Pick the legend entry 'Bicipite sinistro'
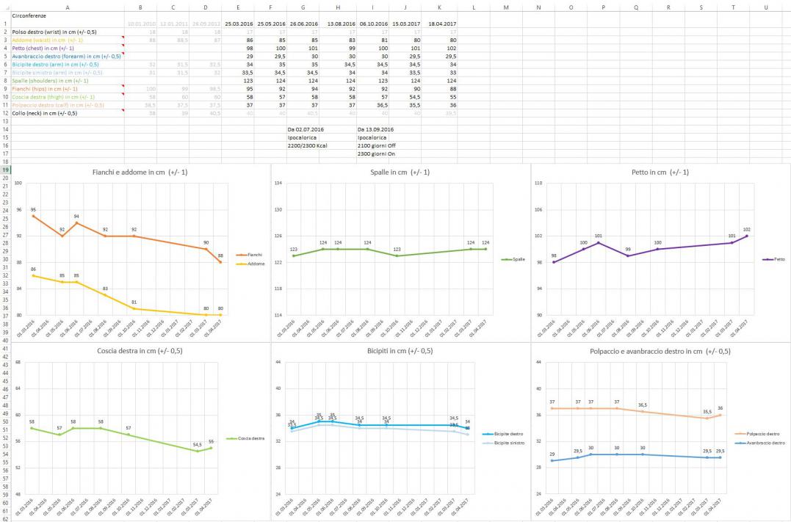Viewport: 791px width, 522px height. pyautogui.click(x=508, y=443)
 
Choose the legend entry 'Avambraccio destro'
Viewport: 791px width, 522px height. pyautogui.click(x=766, y=443)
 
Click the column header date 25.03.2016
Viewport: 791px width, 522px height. pyautogui.click(x=239, y=23)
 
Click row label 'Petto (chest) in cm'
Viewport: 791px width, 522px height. pyautogui.click(x=43, y=48)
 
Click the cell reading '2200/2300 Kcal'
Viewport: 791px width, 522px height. pyautogui.click(x=306, y=145)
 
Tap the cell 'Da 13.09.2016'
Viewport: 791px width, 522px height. pyautogui.click(x=376, y=129)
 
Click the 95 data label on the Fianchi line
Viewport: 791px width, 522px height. pyautogui.click(x=33, y=210)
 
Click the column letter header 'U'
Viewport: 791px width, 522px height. pyautogui.click(x=766, y=7)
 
